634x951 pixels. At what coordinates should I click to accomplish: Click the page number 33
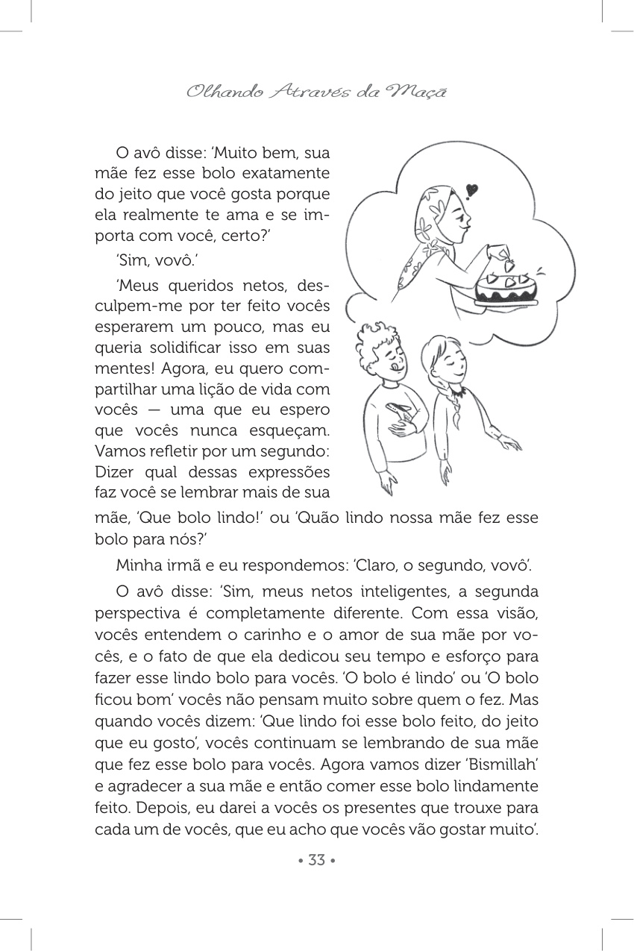(x=316, y=860)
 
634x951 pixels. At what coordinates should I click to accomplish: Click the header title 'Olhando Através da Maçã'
(x=316, y=92)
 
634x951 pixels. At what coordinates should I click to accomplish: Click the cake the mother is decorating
(x=506, y=289)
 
